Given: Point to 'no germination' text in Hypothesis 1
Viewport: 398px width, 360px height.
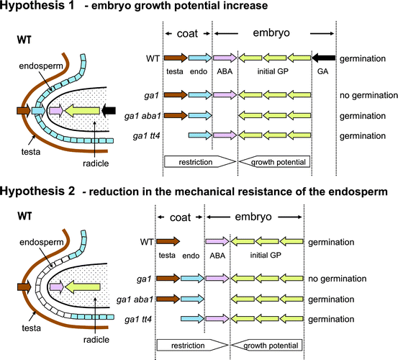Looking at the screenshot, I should [368, 95].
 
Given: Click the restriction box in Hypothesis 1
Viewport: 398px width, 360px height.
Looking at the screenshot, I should [194, 163].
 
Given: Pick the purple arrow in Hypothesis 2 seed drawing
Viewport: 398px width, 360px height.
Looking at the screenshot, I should [55, 287].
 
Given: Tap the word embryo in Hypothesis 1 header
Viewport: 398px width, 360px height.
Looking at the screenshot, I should [274, 33].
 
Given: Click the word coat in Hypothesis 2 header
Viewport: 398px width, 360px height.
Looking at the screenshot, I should [180, 215].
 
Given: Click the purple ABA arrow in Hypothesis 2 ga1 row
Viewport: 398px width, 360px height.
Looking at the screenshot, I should [217, 276].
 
